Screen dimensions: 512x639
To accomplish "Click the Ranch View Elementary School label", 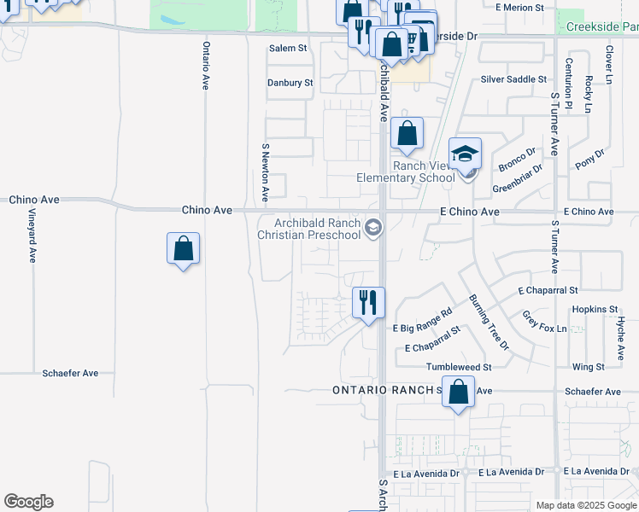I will (x=406, y=172).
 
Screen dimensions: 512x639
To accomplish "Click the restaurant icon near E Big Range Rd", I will (x=368, y=303).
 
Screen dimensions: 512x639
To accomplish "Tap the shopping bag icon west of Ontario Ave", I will (x=184, y=249).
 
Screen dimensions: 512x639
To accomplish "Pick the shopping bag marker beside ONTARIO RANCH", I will (x=458, y=393).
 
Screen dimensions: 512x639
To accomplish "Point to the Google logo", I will (x=28, y=502).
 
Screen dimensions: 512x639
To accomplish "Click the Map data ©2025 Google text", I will (x=586, y=505).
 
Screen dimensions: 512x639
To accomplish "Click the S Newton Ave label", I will (x=265, y=173).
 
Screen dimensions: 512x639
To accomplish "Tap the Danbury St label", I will (x=290, y=83).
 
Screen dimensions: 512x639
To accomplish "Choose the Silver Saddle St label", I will (x=513, y=79).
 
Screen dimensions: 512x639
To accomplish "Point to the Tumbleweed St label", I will (x=459, y=367).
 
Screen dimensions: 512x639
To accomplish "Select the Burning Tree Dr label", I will (x=489, y=323).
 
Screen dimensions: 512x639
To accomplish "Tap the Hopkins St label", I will (x=595, y=309).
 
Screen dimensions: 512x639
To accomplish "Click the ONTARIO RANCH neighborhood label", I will (x=384, y=391).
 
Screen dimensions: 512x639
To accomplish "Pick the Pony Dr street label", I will (x=589, y=157).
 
